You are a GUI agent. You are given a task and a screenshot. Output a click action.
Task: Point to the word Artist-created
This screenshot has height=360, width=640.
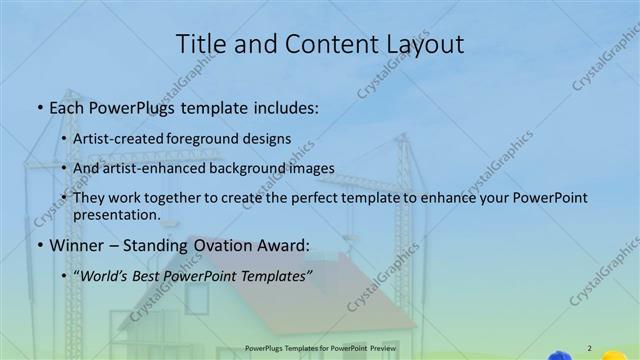click(x=114, y=137)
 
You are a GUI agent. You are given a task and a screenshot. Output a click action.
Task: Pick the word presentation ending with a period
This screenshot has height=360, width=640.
click(x=117, y=214)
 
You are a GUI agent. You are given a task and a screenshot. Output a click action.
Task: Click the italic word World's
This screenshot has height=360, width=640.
click(x=102, y=275)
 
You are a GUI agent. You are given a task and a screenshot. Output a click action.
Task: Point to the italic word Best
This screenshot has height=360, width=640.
click(x=148, y=275)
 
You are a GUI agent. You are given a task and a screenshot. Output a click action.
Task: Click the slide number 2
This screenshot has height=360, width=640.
click(x=589, y=347)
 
